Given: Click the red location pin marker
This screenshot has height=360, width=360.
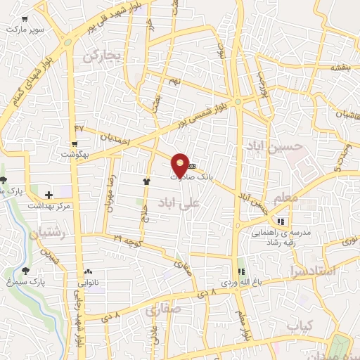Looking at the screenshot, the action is click(181, 165).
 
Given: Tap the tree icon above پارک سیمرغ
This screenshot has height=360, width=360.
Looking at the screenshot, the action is click(26, 270).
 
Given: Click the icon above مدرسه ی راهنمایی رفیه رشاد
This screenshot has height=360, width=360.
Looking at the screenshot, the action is click(281, 222).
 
